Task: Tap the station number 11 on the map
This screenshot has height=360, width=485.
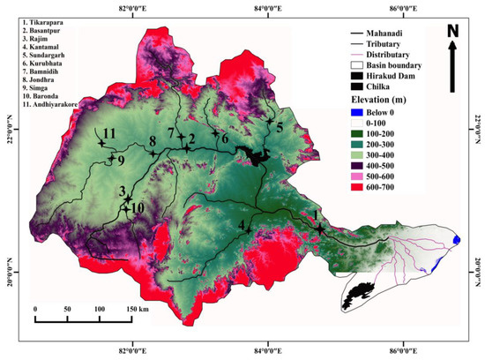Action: (x=108, y=133)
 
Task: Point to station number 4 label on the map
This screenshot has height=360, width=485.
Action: (x=242, y=223)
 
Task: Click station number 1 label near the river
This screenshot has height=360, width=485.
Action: (x=314, y=215)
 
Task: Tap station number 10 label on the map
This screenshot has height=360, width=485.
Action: (x=138, y=206)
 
